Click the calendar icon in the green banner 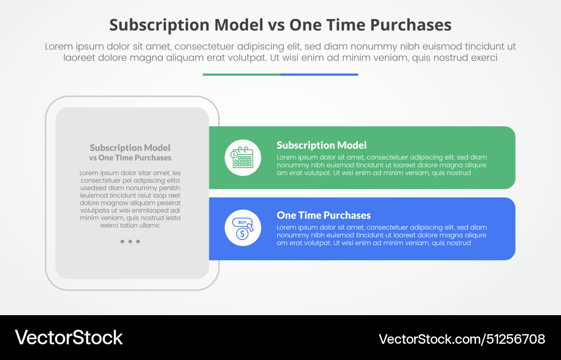tap(243, 158)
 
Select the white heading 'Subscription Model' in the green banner tap(321, 145)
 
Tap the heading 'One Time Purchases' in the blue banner tap(324, 215)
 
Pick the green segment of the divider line tap(241, 74)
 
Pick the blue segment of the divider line tap(319, 74)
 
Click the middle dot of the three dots tap(130, 242)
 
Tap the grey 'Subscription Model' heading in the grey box tap(130, 148)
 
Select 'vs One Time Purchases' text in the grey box tap(130, 158)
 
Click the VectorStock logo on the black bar tap(68, 337)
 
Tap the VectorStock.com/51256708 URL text tap(462, 339)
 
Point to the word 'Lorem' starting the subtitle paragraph tap(59, 47)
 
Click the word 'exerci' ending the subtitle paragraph tap(483, 58)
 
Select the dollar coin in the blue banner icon tap(242, 234)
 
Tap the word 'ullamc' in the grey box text tap(149, 225)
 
